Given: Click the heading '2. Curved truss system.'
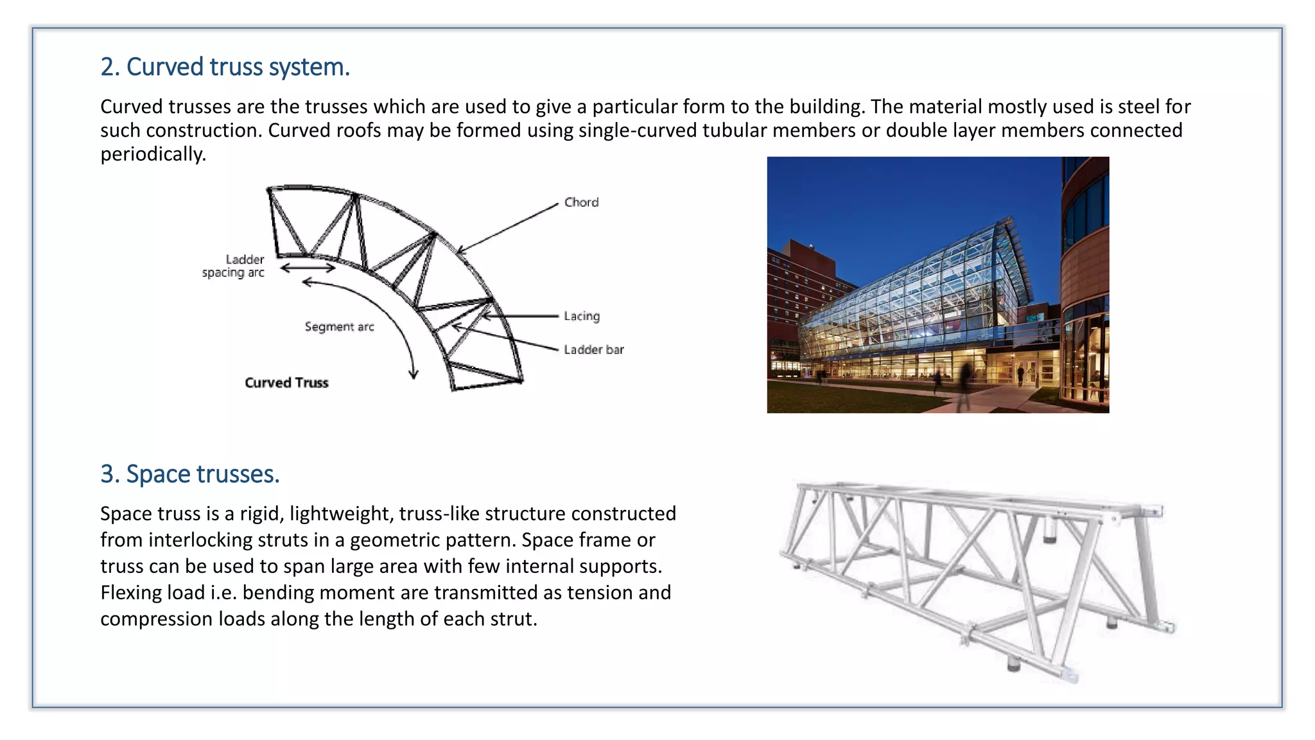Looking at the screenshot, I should point(225,67).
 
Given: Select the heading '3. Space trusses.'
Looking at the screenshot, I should point(189,474).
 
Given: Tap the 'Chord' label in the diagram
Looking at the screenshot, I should point(581,202).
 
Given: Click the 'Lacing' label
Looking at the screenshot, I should point(581,316).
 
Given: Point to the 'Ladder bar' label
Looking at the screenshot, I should point(593,349).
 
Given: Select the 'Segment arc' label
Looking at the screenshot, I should point(339,326).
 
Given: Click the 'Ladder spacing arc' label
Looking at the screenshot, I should point(234,266).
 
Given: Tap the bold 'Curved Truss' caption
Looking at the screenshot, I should point(286,383).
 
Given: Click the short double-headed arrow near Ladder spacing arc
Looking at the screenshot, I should point(308,269).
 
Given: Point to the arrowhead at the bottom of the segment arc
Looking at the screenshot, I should point(414,374).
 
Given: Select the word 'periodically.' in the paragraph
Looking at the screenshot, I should point(153,154).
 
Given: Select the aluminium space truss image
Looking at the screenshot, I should point(976,578).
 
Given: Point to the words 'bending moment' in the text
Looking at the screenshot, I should point(318,592).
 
